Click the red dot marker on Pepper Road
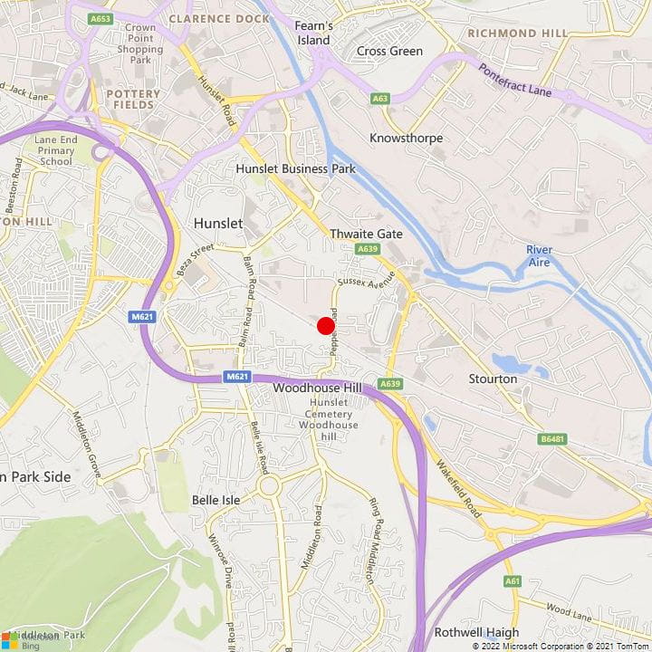[326, 326]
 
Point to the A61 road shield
[513, 580]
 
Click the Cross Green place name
[389, 51]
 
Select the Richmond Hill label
[517, 34]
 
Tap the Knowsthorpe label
[407, 138]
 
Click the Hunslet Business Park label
[295, 168]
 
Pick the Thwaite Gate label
[366, 233]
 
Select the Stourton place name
[494, 378]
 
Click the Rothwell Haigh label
[476, 632]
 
